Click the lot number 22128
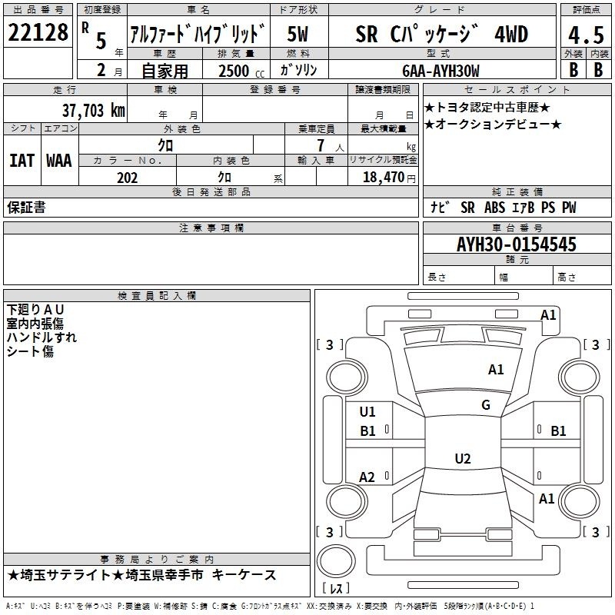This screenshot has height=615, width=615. [x=38, y=32]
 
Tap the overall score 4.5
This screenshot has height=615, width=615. [x=586, y=35]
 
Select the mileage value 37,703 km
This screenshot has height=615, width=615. [x=93, y=111]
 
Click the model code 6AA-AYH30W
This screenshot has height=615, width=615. [x=440, y=71]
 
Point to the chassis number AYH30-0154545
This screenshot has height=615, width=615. [x=517, y=244]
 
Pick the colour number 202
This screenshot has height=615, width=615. [x=127, y=178]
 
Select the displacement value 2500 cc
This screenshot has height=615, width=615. [x=241, y=71]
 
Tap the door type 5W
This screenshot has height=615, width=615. [x=298, y=34]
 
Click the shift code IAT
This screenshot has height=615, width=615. [x=22, y=161]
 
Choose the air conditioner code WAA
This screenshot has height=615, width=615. [x=59, y=161]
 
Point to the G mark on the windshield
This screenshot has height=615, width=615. [x=486, y=405]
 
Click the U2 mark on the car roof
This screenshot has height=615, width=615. [x=463, y=458]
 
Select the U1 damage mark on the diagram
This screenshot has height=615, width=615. [x=367, y=412]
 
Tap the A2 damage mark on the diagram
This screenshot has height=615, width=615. [x=367, y=477]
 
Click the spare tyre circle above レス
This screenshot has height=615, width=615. [x=336, y=560]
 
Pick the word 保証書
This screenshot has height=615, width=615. [x=26, y=207]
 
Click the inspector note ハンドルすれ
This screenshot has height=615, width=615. [x=42, y=337]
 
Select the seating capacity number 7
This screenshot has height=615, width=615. [x=321, y=145]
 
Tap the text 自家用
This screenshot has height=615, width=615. [x=165, y=71]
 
